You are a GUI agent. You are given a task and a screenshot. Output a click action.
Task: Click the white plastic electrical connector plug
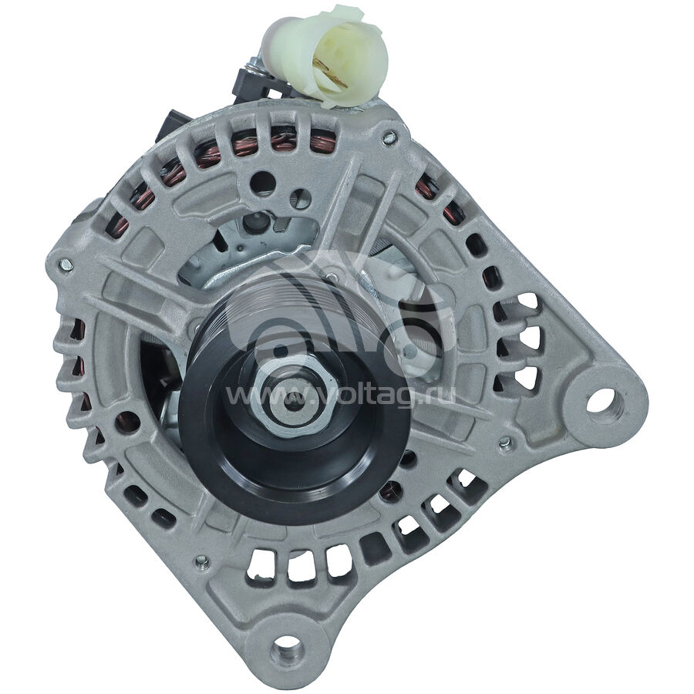pos(325,56)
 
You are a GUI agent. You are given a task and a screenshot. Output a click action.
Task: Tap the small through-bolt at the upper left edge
pos(65,264)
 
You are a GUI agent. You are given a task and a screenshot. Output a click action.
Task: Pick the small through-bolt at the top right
pos(389,138)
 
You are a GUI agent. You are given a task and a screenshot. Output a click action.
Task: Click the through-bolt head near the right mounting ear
pos(504,443)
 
